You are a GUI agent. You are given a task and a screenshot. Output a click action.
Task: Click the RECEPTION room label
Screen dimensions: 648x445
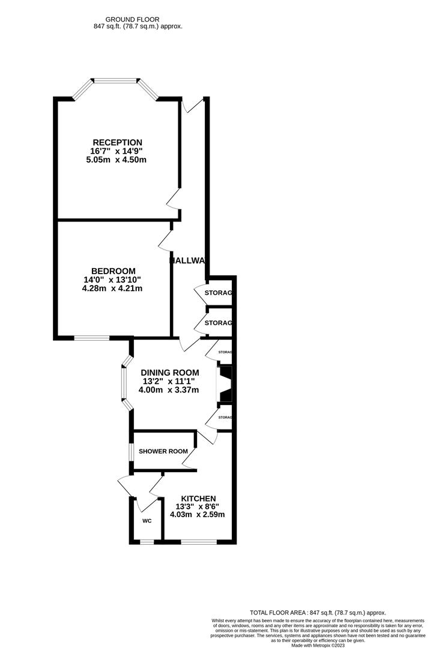[117, 142]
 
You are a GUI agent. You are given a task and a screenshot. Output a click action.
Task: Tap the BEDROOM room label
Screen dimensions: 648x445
[113, 271]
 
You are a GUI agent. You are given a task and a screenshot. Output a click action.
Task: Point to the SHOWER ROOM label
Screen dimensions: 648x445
[163, 451]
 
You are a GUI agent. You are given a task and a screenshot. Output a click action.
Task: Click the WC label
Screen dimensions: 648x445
[147, 521]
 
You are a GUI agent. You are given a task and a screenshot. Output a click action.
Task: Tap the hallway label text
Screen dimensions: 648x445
[188, 260]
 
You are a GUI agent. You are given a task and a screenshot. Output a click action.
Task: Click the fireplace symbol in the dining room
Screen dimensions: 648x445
[225, 384]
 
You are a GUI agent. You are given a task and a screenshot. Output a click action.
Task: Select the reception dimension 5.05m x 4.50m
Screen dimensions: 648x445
[117, 160]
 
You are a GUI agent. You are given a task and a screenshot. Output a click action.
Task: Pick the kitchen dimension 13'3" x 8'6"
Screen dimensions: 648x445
[198, 506]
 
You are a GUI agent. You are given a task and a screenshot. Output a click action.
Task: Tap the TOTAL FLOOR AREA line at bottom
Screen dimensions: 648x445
[318, 612]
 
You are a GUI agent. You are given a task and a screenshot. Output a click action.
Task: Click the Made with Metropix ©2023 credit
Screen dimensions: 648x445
[318, 645]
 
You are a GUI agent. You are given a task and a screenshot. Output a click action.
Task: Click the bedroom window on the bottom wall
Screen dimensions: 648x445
[92, 338]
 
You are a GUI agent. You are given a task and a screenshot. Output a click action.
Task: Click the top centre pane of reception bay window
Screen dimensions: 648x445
[116, 79]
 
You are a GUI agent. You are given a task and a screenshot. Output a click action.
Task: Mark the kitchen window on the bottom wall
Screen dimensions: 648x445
[198, 542]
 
